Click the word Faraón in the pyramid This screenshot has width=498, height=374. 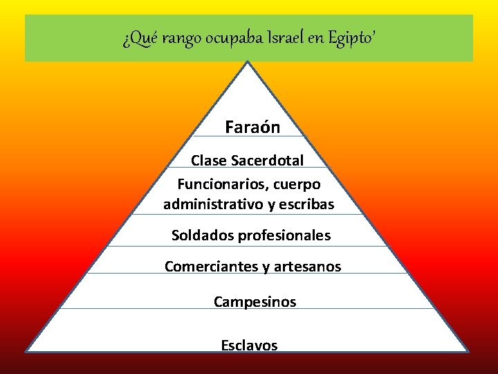[252, 128]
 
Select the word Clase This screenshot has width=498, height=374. [207, 161]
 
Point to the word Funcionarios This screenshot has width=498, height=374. [217, 185]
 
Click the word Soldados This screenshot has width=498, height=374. [203, 235]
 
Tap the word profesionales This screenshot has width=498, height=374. [284, 235]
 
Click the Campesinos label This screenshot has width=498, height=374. [255, 302]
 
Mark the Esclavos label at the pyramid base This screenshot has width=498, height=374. [249, 345]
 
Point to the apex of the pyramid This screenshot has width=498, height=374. [248, 62]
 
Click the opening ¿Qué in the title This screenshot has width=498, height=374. [134, 39]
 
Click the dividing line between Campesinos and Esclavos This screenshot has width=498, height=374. [249, 309]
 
